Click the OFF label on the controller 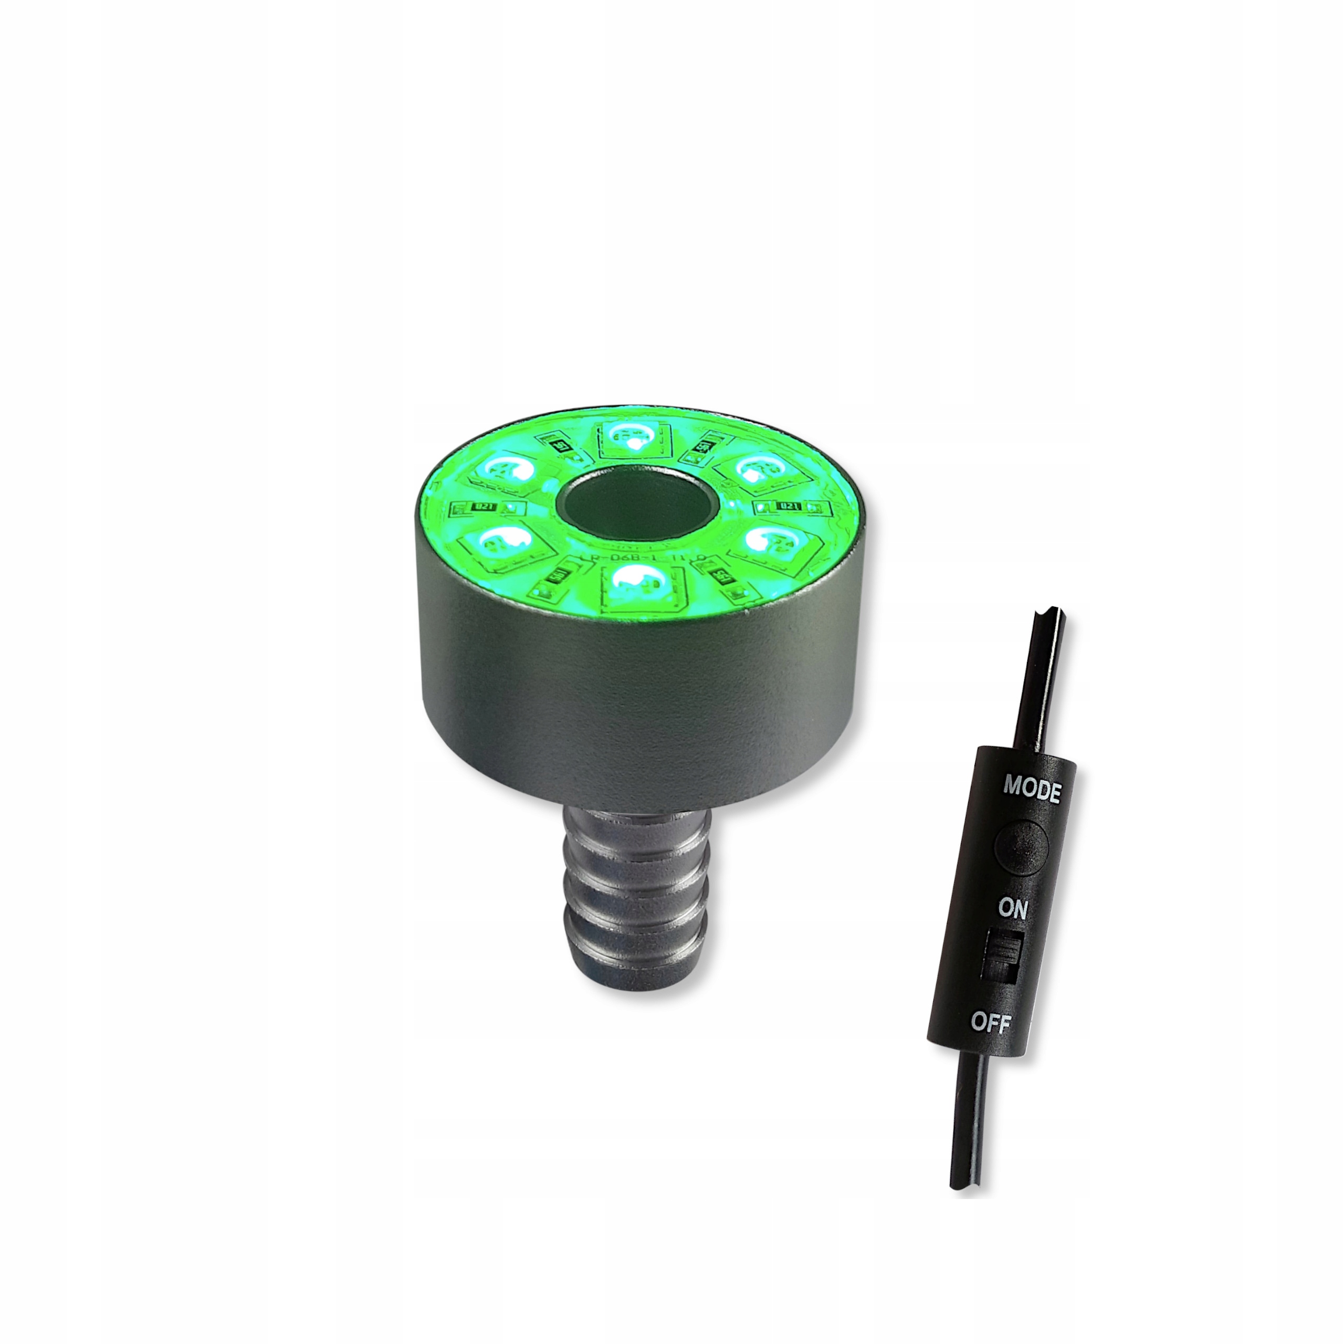pos(991,1023)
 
